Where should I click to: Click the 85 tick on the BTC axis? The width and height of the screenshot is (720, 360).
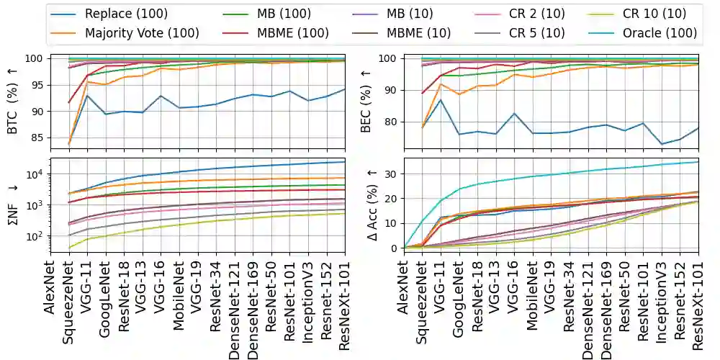pos(37,138)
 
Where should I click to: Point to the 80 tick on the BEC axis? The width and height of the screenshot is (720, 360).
pos(393,122)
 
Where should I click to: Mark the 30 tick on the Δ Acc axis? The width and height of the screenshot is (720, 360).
pos(393,174)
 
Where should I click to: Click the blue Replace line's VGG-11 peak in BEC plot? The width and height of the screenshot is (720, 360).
pos(440,99)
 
